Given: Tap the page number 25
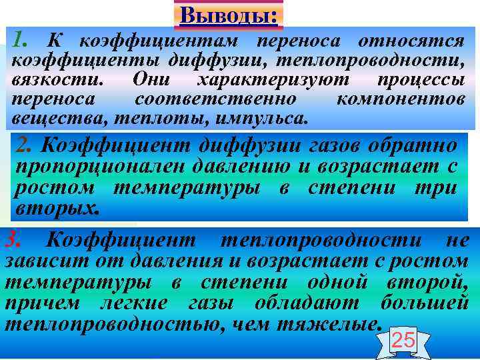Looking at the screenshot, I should click(x=403, y=341).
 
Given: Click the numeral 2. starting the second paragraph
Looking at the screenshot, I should click(x=26, y=145).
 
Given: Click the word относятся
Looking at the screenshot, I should click(x=411, y=41).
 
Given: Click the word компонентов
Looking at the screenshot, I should click(x=400, y=100).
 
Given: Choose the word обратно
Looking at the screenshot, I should click(x=413, y=145).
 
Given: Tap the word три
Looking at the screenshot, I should click(x=435, y=188).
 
